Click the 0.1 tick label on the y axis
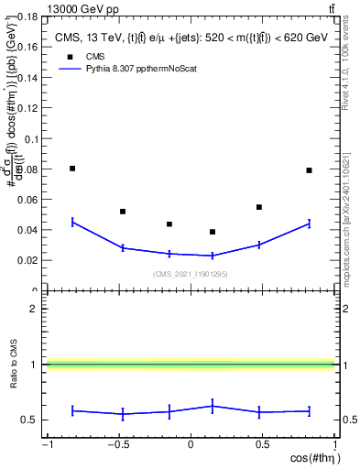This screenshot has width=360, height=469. [x=32, y=139]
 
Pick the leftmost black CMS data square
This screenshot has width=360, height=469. [x=72, y=169]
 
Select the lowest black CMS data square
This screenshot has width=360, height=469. [x=213, y=232]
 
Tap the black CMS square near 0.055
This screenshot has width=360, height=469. [x=259, y=207]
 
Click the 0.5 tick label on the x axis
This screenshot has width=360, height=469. [x=262, y=446]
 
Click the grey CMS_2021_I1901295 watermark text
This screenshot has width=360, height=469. [x=190, y=274]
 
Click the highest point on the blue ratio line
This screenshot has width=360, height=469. [x=213, y=405]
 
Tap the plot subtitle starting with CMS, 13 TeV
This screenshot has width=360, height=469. [x=190, y=38]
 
